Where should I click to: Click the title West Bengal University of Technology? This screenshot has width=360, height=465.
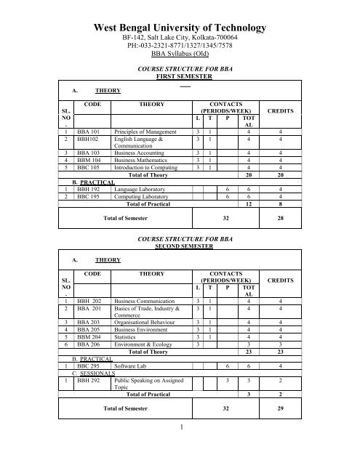[x=180, y=28]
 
